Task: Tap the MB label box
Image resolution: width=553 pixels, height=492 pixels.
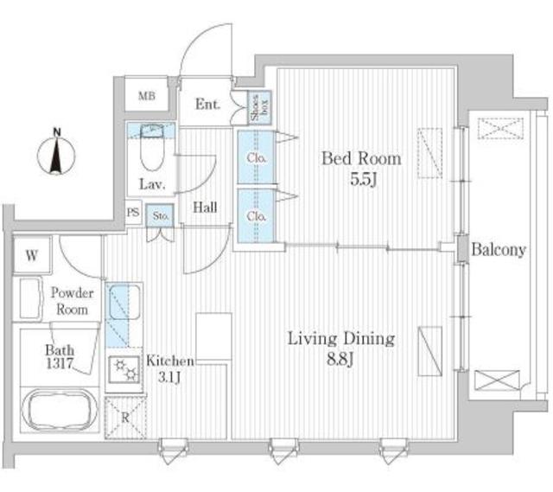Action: tap(148, 96)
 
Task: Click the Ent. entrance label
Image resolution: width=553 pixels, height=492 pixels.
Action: tap(207, 105)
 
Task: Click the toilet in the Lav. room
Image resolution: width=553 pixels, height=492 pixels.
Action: tap(151, 156)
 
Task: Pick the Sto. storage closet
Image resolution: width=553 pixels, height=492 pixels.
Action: tap(160, 216)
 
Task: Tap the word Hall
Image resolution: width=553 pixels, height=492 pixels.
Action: tap(205, 208)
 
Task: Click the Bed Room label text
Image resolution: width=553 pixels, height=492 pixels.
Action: tap(361, 158)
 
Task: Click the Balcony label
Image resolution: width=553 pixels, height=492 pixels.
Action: tap(499, 250)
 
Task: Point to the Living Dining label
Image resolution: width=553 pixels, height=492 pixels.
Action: tap(340, 338)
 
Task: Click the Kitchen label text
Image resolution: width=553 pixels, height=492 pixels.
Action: tap(169, 361)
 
